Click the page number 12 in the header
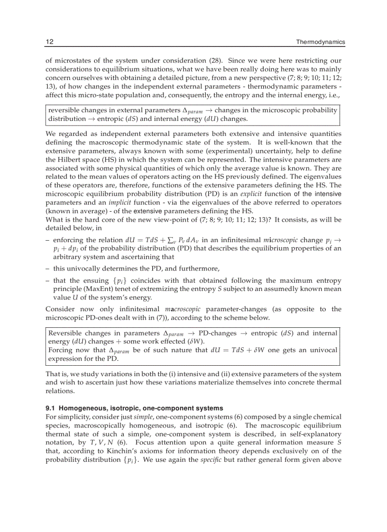49,42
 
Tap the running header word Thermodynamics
320,42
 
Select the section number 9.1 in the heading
51,408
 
